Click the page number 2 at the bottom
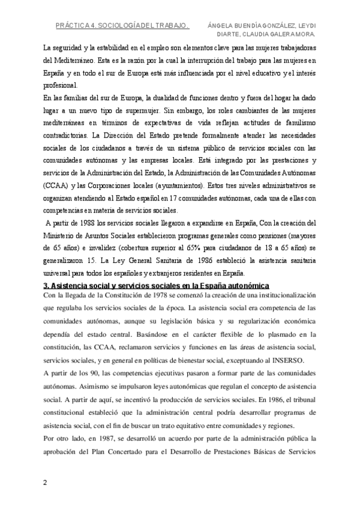[45, 483]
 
